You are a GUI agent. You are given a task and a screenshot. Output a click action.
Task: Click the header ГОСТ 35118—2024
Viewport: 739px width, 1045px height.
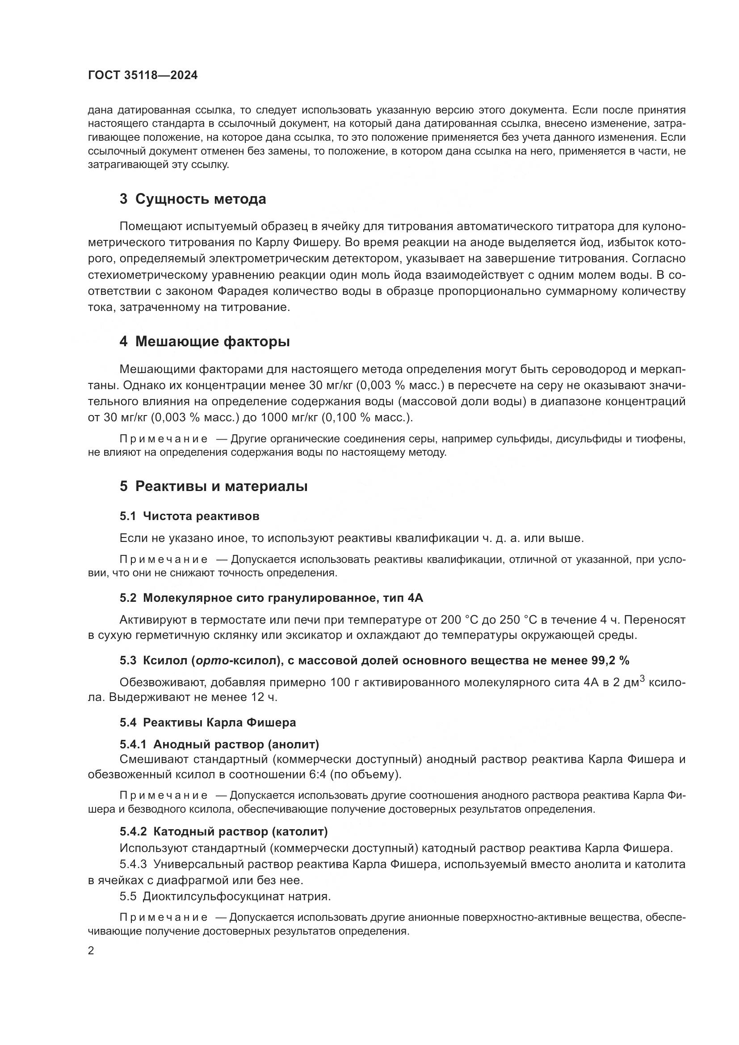(143, 76)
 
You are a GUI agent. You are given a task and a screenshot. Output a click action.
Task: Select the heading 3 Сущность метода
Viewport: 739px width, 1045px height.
(193, 199)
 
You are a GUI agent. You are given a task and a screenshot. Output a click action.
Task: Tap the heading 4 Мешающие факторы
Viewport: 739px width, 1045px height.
(204, 341)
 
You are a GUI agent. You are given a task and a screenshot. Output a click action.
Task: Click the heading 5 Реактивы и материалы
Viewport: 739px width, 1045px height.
(214, 486)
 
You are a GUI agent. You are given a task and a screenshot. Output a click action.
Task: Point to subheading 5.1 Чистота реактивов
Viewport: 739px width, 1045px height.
(189, 516)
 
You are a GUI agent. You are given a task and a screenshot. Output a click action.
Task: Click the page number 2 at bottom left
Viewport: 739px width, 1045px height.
(91, 951)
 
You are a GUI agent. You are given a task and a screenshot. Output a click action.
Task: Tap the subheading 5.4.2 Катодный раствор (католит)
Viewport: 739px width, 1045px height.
(223, 831)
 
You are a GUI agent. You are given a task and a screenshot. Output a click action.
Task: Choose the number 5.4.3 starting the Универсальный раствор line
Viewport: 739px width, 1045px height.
(133, 864)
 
